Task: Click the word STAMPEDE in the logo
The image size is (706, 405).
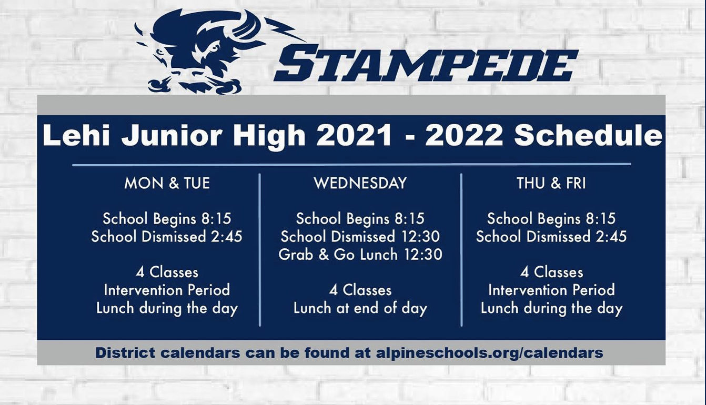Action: click(x=426, y=63)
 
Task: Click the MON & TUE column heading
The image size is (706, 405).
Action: click(x=167, y=183)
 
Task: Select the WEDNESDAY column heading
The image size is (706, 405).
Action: click(x=360, y=183)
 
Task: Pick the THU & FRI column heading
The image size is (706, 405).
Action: click(x=551, y=183)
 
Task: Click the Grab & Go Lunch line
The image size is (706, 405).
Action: click(x=360, y=255)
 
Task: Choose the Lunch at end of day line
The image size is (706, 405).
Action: click(x=360, y=308)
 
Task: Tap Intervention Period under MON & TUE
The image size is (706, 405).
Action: click(x=167, y=290)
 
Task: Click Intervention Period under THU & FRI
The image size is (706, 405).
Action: click(x=551, y=290)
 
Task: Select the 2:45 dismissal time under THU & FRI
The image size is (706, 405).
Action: click(x=611, y=236)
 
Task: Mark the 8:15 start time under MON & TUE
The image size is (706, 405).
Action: click(x=216, y=219)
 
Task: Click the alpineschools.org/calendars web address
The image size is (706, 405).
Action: click(x=489, y=353)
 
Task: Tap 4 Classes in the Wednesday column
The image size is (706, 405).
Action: click(x=360, y=290)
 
